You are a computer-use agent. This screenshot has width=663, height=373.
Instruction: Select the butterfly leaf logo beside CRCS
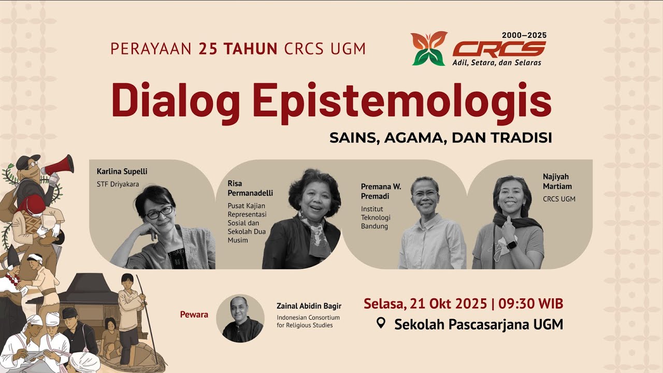pos(429,49)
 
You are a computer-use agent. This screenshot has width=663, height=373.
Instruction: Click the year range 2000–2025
pos(524,35)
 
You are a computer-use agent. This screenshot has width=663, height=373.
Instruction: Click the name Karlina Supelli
pos(122,171)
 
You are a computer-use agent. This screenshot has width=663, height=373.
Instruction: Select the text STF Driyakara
pos(118,183)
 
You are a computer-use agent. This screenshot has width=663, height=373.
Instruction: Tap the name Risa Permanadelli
pos(250,188)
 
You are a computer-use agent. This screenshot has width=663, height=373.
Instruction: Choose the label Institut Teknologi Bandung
pos(376,218)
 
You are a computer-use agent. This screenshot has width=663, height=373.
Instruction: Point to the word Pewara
pos(194,314)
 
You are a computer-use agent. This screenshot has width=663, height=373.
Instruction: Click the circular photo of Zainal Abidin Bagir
pos(240,318)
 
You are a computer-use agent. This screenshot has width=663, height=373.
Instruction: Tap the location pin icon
pos(381,324)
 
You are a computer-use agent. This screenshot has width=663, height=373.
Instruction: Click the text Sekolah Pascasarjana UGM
pos(478,325)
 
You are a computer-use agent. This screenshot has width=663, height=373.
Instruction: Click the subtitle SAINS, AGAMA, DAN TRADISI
pos(440,138)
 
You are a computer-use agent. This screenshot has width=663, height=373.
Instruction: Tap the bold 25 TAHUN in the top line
pos(238,49)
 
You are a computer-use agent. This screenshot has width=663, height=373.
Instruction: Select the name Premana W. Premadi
pos(381,190)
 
